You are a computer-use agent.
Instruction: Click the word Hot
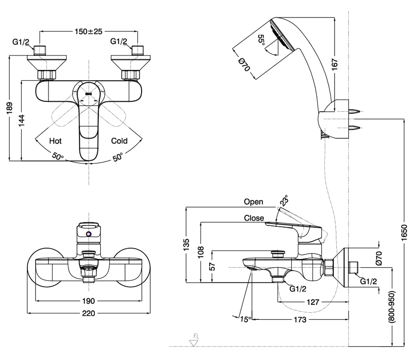point(55,141)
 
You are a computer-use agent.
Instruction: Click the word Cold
point(119,141)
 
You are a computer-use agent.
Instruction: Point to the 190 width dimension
point(89,301)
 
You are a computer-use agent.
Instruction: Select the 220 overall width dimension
point(89,313)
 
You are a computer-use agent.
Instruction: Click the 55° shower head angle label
point(262,40)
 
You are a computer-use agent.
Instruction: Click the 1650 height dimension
point(404,233)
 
